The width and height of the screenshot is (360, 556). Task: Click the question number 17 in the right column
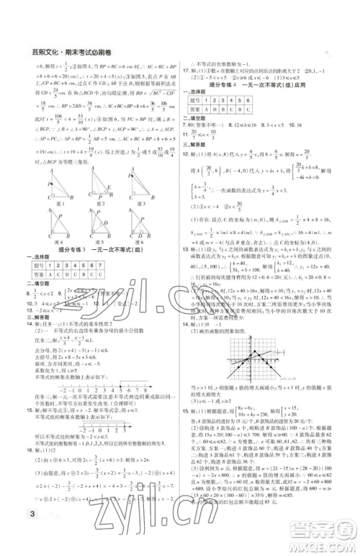pos(186,69)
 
